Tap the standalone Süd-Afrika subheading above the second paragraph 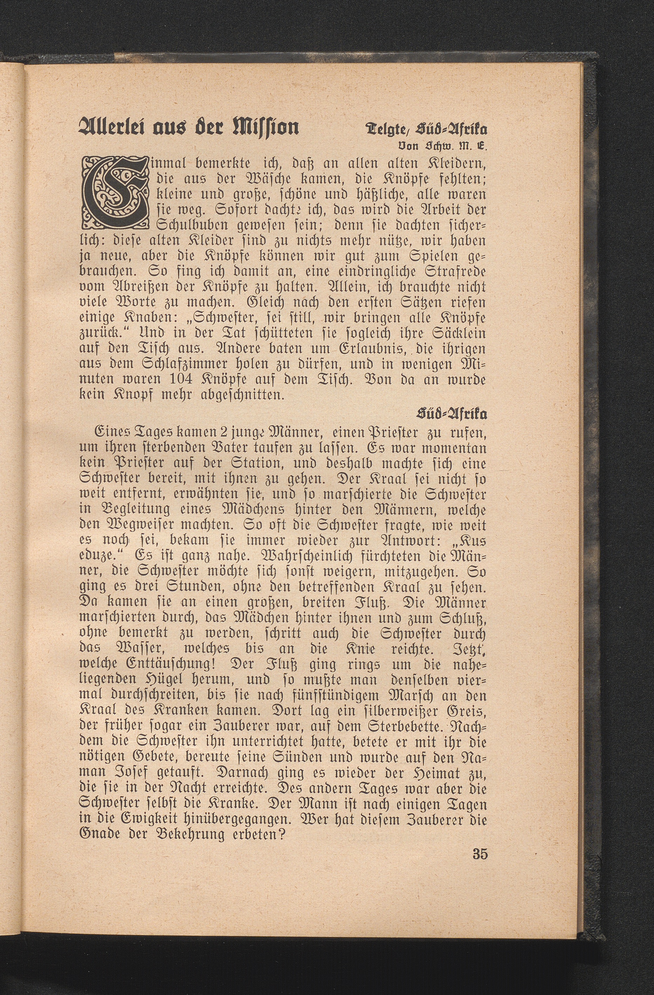click(454, 415)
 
